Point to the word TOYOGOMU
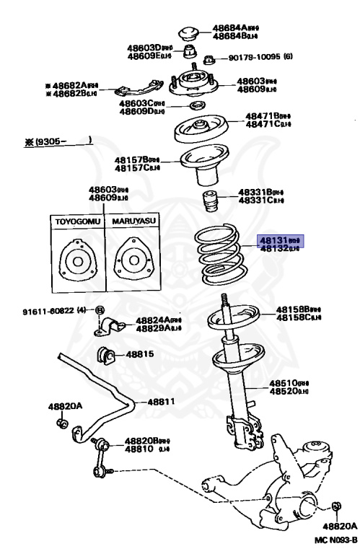pyautogui.click(x=75, y=221)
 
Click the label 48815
pyautogui.click(x=141, y=355)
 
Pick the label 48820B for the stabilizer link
pyautogui.click(x=141, y=440)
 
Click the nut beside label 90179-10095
pyautogui.click(x=209, y=59)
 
